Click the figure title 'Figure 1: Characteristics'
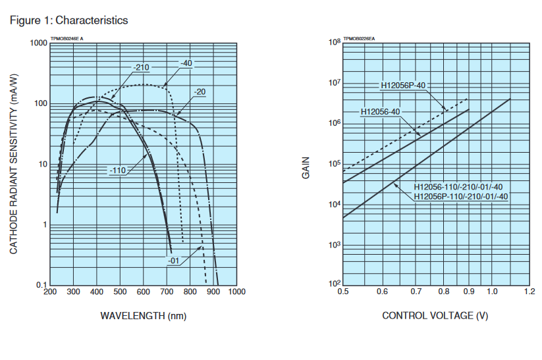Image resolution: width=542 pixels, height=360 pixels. (x=68, y=20)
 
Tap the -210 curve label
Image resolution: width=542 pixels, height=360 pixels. (x=140, y=68)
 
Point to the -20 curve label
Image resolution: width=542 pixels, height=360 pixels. (x=200, y=91)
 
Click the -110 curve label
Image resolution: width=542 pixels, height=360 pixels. (x=117, y=170)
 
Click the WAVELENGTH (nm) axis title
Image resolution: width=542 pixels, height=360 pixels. (x=143, y=316)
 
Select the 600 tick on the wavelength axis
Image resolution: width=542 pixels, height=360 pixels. (x=143, y=292)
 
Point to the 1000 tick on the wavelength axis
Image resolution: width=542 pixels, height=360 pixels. (x=236, y=292)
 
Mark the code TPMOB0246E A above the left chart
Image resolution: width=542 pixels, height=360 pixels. (x=67, y=39)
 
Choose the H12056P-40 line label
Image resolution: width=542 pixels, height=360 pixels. (x=403, y=85)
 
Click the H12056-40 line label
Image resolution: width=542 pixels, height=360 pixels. (x=381, y=112)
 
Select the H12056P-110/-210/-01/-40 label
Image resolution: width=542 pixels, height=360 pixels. (x=461, y=196)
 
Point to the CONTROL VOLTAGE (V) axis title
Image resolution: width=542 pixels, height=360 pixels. (x=436, y=316)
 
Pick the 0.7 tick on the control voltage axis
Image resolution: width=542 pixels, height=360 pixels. (x=416, y=291)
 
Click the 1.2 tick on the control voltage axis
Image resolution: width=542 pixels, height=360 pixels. (x=529, y=291)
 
